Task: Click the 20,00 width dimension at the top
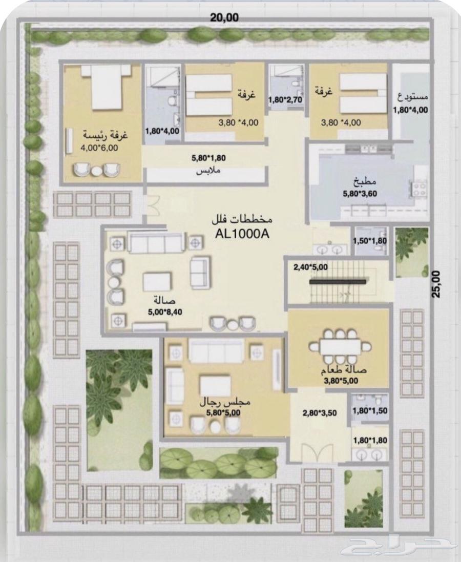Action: (224, 17)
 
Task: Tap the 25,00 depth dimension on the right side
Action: (436, 284)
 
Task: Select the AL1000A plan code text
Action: (242, 234)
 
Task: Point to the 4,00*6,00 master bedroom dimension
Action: (100, 148)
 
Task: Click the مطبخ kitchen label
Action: (365, 182)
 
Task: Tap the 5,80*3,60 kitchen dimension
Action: (360, 194)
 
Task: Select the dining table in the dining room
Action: (340, 347)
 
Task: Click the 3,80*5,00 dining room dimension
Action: (341, 381)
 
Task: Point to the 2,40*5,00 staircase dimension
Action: (310, 267)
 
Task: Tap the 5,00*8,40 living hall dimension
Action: (165, 312)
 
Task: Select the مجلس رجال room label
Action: (224, 402)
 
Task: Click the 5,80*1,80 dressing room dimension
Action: (208, 158)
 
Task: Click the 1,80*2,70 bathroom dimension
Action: (285, 99)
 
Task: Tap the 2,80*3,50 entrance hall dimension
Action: (320, 413)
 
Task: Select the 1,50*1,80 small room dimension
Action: (370, 241)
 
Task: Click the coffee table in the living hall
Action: (157, 282)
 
